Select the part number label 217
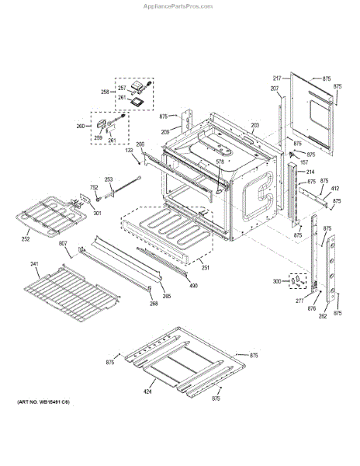pos(277,78)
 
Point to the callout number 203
pos(254,125)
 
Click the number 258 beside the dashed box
pos(106,92)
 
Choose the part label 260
pos(81,126)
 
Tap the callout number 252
pos(26,239)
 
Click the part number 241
pos(35,263)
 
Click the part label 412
pos(335,188)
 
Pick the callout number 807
pos(63,245)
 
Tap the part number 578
pos(220,162)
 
